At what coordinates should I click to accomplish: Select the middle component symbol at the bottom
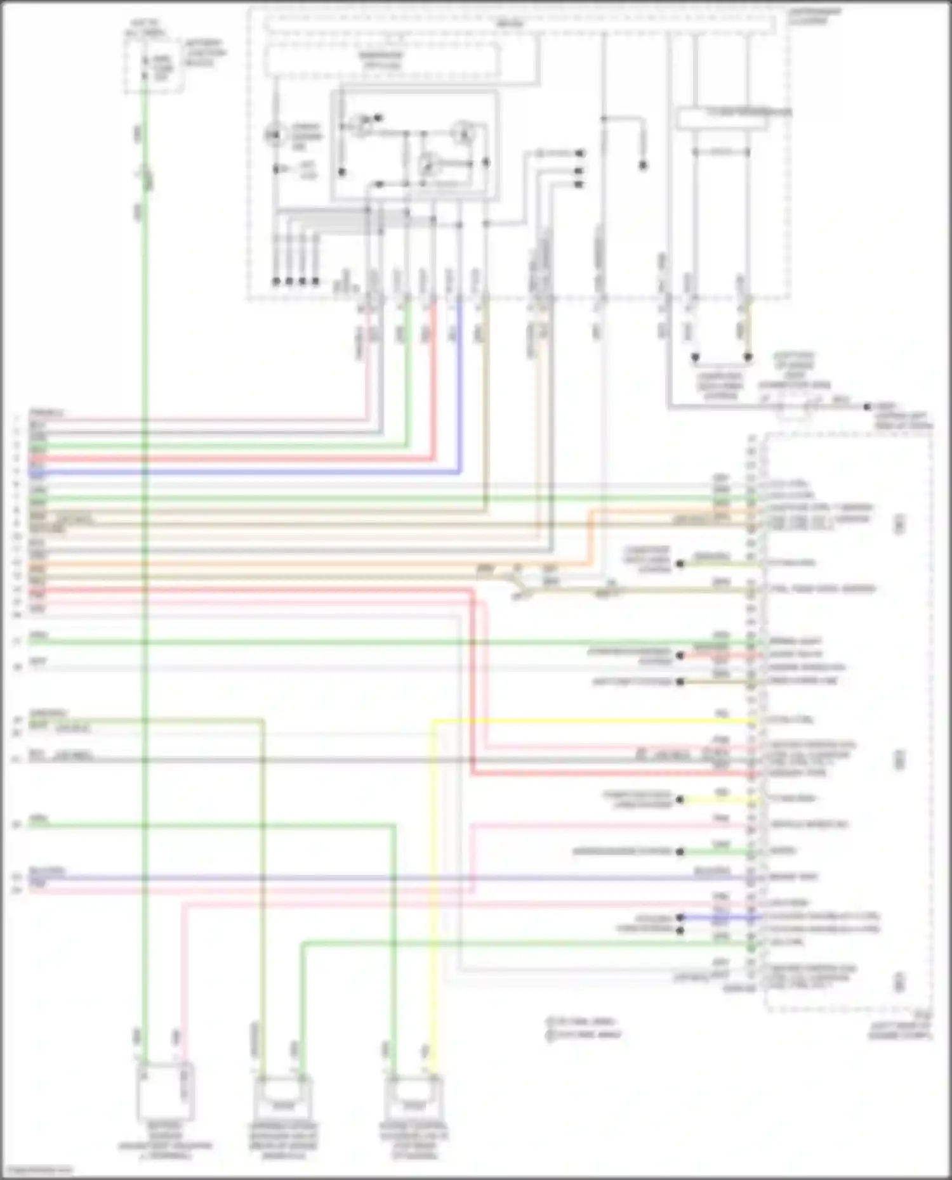click(282, 1098)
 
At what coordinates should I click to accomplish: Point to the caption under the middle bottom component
click(282, 1142)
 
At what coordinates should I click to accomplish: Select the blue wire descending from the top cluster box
click(459, 393)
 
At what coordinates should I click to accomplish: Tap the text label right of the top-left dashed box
click(205, 53)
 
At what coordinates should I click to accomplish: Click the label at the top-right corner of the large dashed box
click(815, 16)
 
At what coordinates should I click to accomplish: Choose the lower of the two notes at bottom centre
click(583, 1035)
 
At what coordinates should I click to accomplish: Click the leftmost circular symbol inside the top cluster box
click(274, 134)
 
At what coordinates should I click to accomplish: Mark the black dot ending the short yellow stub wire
click(680, 800)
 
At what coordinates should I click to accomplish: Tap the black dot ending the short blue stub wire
click(680, 917)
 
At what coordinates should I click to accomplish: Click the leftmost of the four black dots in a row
click(276, 281)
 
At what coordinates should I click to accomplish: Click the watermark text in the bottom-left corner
click(37, 1170)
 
